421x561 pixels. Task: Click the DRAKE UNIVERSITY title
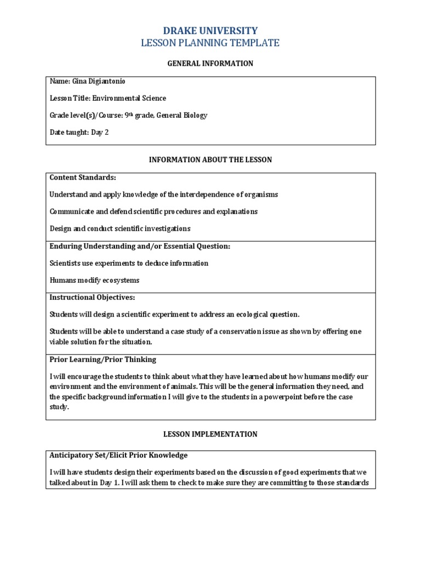click(210, 31)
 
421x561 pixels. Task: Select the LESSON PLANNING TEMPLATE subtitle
click(210, 43)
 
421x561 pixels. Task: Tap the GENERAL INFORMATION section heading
click(210, 64)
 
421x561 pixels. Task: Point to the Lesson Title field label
click(70, 99)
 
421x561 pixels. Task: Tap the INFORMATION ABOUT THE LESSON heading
click(210, 159)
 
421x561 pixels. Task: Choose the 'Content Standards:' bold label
click(83, 178)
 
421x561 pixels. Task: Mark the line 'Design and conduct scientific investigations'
click(120, 228)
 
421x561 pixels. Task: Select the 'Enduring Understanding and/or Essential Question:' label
click(140, 247)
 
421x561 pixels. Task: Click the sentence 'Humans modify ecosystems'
click(94, 280)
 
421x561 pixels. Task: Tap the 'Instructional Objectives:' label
click(92, 297)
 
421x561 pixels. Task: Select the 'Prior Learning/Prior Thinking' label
click(103, 359)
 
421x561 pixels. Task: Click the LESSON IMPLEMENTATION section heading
click(210, 434)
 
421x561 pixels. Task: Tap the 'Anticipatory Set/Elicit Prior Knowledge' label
click(118, 455)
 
